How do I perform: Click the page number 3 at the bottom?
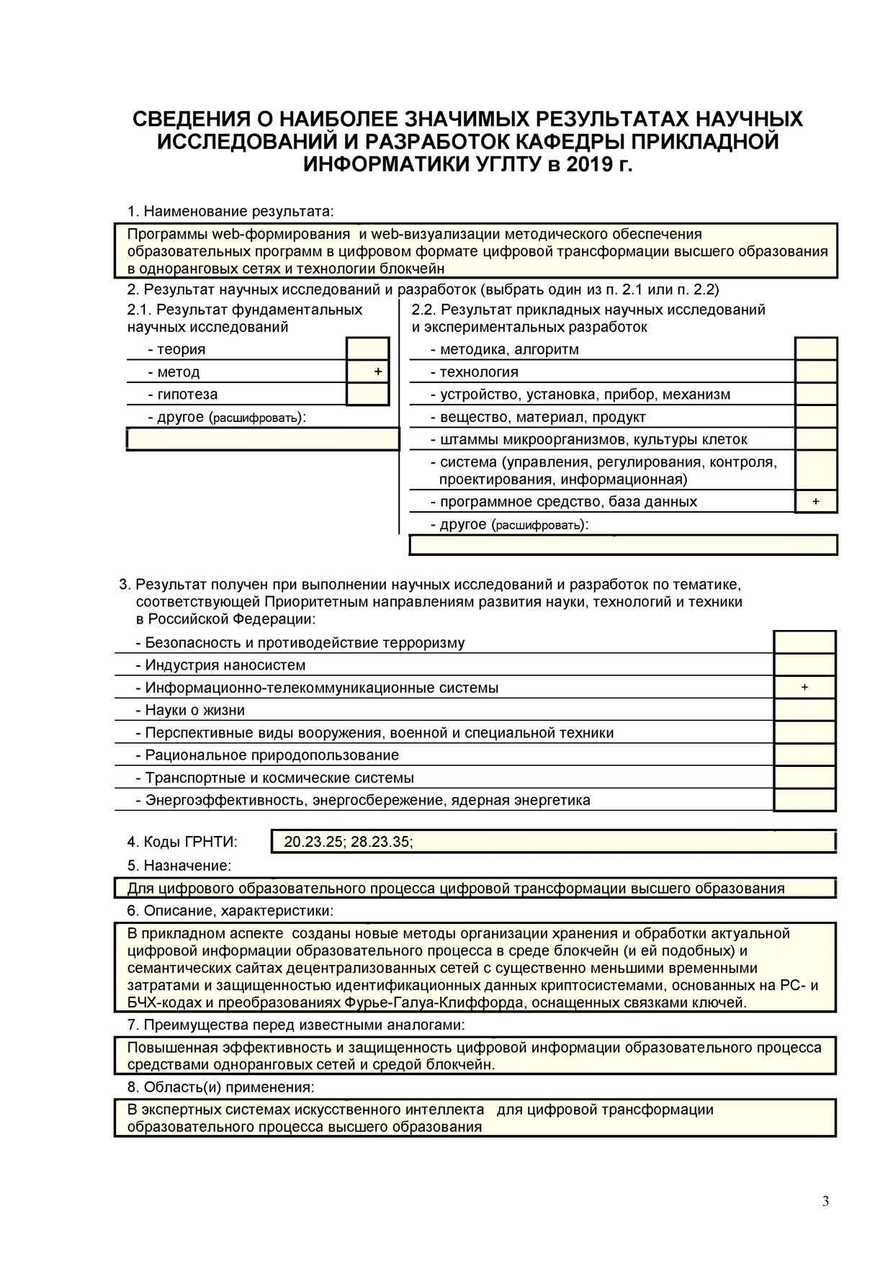click(x=825, y=1201)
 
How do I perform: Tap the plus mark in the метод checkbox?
click(x=378, y=372)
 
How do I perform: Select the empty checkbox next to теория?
click(x=368, y=349)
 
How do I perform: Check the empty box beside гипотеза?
click(x=368, y=394)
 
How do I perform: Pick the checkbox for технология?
click(x=816, y=372)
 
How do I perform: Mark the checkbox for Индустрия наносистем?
click(x=804, y=665)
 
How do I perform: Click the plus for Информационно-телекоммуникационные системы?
click(x=804, y=688)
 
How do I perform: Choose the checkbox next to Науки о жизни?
click(x=804, y=710)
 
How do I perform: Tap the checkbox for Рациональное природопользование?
click(x=804, y=755)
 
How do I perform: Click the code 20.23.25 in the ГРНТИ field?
click(x=313, y=842)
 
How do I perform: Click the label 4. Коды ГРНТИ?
click(x=182, y=842)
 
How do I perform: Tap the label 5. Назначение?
click(x=179, y=866)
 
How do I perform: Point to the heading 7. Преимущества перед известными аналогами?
click(x=296, y=1025)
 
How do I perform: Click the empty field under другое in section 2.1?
click(x=263, y=439)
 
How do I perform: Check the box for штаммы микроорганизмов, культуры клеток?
click(x=816, y=439)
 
